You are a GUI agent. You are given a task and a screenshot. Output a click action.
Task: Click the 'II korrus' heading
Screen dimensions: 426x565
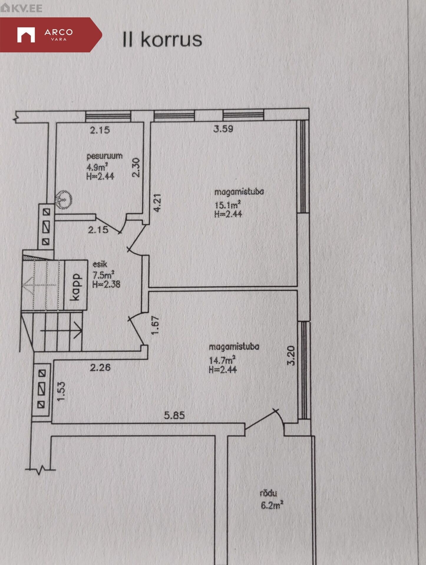[162, 40]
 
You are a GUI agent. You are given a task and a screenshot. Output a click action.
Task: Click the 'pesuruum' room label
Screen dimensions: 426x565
[105, 156]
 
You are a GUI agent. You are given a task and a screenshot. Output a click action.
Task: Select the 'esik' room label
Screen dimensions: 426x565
[100, 264]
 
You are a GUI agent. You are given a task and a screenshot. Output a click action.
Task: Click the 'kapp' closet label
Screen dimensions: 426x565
[76, 287]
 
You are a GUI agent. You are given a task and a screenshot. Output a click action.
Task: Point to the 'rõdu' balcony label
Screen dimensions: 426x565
[268, 493]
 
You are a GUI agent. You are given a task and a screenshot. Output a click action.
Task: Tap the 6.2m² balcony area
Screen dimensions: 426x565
[272, 506]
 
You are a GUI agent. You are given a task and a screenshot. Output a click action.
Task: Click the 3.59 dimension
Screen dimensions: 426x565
[223, 129]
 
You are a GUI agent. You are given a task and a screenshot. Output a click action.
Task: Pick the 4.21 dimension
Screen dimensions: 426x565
[158, 202]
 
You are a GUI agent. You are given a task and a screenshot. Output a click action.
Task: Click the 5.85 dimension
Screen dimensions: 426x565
[174, 415]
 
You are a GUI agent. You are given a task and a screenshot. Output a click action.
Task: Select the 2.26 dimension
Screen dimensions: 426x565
[100, 367]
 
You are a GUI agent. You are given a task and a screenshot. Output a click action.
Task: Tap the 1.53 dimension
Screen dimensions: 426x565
[61, 392]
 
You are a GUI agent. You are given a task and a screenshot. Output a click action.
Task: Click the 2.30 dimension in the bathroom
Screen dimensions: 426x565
[136, 167]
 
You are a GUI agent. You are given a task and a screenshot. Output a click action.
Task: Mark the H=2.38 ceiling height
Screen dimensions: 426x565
[106, 284]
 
